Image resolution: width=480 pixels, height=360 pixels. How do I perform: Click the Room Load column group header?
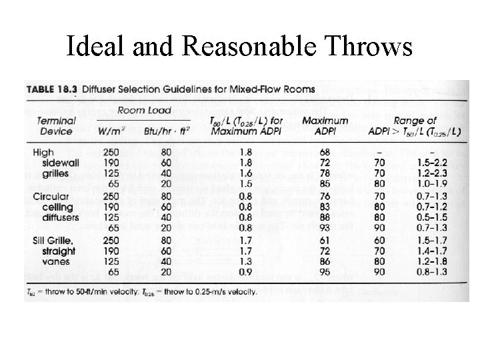coord(145,111)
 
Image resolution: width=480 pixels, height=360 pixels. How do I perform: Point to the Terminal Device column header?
coord(56,125)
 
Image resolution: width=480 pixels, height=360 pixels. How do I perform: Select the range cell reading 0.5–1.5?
coord(428,217)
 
